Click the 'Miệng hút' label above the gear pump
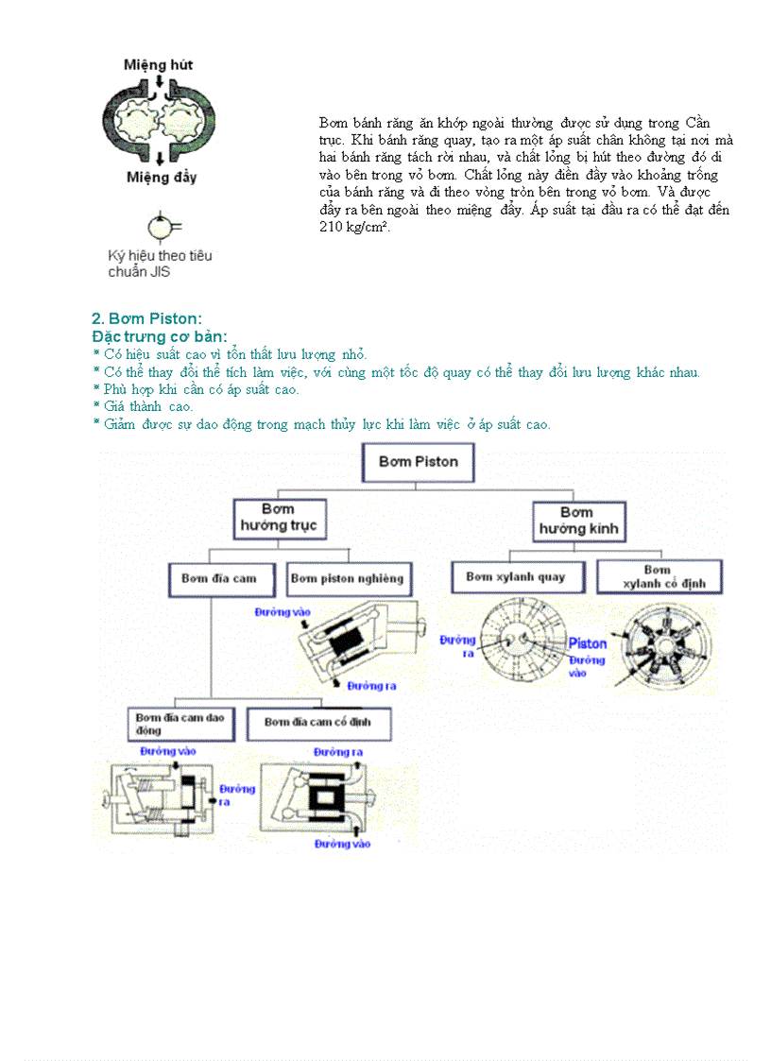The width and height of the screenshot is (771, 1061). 158,65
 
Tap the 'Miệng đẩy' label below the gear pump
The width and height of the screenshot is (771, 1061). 161,178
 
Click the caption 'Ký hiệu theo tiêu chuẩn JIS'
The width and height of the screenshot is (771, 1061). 160,264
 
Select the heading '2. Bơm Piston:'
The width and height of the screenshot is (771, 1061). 146,318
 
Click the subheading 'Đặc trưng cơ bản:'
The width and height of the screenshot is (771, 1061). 160,336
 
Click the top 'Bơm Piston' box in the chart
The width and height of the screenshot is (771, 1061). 418,462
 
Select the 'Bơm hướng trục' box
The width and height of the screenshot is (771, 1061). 279,518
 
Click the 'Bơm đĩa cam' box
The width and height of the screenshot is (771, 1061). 212,578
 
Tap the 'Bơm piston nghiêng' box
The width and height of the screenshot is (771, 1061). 347,578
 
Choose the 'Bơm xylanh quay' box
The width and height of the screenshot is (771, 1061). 516,576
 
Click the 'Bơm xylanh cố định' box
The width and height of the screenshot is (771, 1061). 658,577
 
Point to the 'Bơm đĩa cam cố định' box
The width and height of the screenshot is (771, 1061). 317,723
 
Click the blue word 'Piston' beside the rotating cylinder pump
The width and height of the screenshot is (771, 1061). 587,644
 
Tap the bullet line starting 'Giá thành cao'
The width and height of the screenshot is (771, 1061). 144,406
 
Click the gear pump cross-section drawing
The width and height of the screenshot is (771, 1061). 160,120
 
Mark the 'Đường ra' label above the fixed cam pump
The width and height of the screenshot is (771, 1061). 338,752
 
